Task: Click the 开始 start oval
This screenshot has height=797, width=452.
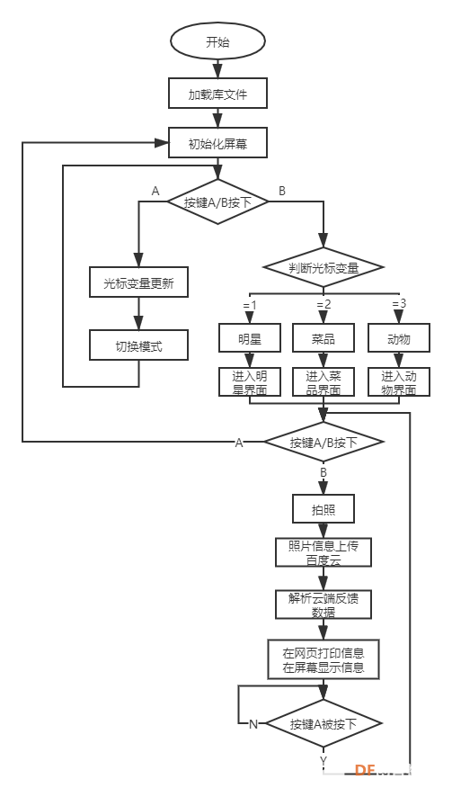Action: (x=217, y=42)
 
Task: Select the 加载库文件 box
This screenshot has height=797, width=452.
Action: (x=217, y=93)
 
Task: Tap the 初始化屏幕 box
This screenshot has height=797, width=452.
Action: (x=217, y=143)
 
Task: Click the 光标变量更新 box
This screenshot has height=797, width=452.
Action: (x=138, y=282)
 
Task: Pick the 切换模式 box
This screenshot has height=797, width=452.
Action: (x=138, y=345)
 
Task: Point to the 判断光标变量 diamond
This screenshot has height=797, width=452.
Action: (x=323, y=267)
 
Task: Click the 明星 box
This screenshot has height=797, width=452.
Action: (x=249, y=337)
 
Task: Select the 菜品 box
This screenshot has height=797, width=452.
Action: (x=323, y=337)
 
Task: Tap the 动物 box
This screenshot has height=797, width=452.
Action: (x=399, y=337)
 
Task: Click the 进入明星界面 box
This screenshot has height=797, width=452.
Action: (x=249, y=381)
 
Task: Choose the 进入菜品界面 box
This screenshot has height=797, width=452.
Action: (x=323, y=381)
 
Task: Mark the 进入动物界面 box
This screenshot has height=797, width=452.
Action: (x=399, y=381)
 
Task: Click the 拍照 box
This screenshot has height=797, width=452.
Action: (x=323, y=508)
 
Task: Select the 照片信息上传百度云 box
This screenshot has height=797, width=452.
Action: (x=323, y=552)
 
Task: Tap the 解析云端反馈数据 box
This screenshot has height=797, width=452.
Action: (x=323, y=604)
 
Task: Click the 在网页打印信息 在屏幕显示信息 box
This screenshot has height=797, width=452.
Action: (x=323, y=658)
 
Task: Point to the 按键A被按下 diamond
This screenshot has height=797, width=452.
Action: (x=323, y=723)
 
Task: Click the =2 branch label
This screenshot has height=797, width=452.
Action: (x=323, y=304)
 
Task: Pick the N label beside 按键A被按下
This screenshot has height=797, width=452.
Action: (x=253, y=724)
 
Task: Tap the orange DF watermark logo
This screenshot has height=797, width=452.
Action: (x=364, y=770)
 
